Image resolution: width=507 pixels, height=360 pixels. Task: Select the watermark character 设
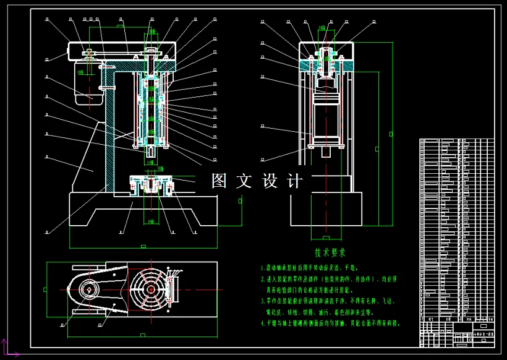point(270,181)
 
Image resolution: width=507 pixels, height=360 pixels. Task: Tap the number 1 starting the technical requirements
point(262,268)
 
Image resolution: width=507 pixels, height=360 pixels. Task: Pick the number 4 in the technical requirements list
point(262,323)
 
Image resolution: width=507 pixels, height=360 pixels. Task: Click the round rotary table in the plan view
point(150,290)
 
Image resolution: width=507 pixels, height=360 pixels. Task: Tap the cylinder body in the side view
point(326,118)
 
